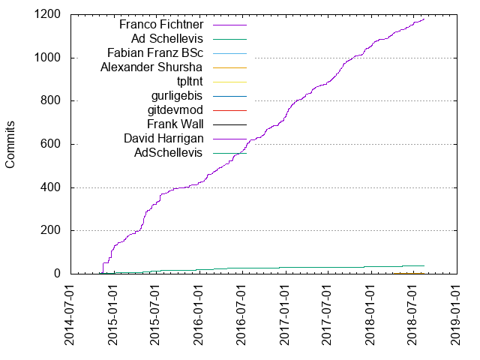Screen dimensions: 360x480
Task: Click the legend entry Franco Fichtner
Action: [x=162, y=25]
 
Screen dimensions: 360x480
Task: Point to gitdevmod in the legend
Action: [x=178, y=110]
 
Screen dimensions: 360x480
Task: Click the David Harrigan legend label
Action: [x=164, y=139]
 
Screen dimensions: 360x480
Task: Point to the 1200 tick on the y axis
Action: [x=47, y=15]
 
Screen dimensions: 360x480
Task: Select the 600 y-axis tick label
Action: [x=50, y=145]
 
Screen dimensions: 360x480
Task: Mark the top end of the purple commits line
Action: [x=424, y=19]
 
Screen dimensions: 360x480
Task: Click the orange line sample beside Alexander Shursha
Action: [x=230, y=67]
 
